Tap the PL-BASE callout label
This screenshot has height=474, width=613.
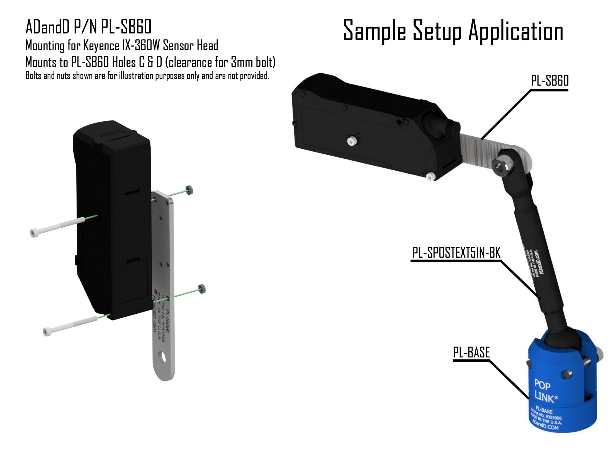point(471,352)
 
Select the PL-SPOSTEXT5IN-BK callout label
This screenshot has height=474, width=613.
point(456,253)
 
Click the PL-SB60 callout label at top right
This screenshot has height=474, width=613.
point(549,81)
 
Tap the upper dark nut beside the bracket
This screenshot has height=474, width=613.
point(189,190)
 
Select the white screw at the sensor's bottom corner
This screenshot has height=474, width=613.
point(430,176)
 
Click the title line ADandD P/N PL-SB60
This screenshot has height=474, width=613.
point(88,27)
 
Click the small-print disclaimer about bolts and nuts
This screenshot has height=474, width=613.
point(147,76)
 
